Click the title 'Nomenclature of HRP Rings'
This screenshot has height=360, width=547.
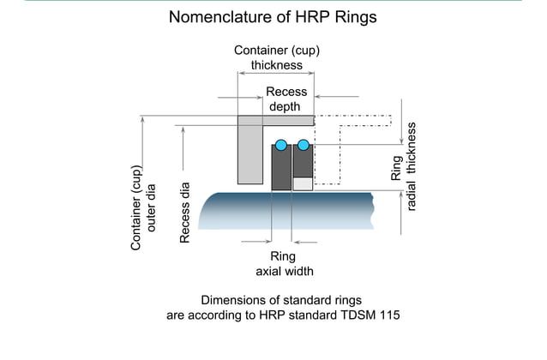point(273,17)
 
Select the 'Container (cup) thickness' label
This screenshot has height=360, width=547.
point(277,57)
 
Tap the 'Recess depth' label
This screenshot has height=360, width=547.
point(286,99)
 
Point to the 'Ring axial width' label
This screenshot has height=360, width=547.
point(285,264)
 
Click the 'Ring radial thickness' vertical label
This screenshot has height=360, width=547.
point(403,167)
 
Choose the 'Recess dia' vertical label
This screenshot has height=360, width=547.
point(184,213)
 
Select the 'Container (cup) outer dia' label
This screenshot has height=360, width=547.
point(142,207)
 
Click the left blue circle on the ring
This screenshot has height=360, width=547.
point(281,145)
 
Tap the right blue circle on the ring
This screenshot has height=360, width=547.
point(304,144)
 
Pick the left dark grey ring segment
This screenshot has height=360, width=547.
point(281,168)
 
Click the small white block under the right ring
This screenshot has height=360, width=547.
point(303,183)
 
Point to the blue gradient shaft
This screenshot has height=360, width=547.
point(286,211)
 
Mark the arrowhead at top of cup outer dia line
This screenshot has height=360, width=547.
point(142,119)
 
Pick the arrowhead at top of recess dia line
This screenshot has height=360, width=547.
point(183,130)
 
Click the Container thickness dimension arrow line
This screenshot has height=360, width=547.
point(276,73)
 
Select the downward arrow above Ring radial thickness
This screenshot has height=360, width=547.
point(401,122)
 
